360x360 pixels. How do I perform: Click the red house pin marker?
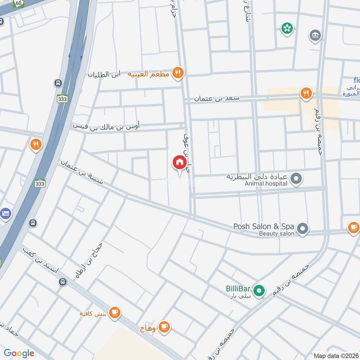[179, 162]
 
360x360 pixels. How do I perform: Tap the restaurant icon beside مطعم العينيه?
[178, 73]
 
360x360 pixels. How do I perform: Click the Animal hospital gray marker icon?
[296, 180]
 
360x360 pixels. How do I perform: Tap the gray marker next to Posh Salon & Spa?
[303, 229]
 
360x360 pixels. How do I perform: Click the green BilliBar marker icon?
[258, 291]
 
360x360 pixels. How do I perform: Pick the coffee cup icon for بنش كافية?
[115, 312]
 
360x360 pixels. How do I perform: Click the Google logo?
[19, 353]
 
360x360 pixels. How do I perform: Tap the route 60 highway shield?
[18, 3]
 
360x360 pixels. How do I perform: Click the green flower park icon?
[286, 28]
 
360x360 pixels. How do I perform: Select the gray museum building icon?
[315, 35]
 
